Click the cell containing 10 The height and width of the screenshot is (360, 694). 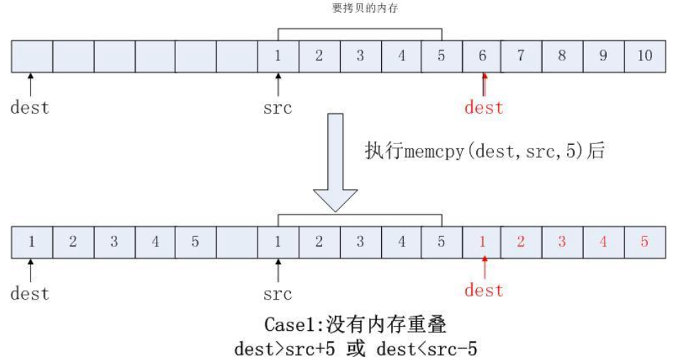645,57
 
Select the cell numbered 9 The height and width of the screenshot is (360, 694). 603,57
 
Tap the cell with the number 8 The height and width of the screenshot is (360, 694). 562,57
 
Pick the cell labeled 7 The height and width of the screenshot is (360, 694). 521,57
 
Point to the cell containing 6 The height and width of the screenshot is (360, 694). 483,57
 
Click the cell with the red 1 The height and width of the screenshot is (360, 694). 483,241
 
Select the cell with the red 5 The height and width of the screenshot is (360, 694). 645,241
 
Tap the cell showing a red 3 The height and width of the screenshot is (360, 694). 562,241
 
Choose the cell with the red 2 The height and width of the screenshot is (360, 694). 521,241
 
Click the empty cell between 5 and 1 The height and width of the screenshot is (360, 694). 237,241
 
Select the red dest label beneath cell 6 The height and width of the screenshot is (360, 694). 483,108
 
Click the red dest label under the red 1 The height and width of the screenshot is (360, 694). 483,290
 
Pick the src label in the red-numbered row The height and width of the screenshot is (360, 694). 277,293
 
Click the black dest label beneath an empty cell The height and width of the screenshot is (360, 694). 30,108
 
